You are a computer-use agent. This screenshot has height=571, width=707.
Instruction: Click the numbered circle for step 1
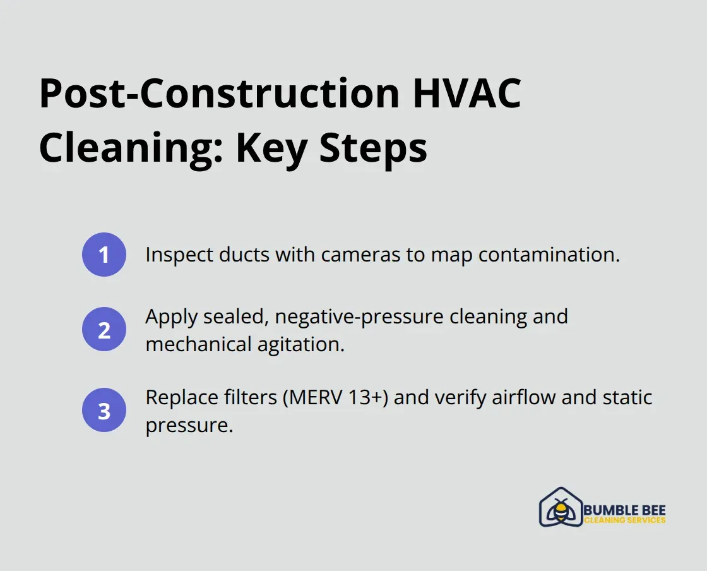(104, 255)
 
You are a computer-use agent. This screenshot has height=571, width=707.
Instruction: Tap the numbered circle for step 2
(104, 329)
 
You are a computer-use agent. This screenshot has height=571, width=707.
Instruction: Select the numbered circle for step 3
(104, 411)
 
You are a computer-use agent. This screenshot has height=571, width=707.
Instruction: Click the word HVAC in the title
(466, 93)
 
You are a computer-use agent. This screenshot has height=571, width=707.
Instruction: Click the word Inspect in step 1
(174, 255)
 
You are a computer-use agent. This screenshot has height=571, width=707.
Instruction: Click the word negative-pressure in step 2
(353, 316)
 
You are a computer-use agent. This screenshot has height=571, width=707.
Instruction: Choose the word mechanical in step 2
(200, 345)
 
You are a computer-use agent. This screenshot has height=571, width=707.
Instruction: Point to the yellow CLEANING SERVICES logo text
(624, 520)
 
